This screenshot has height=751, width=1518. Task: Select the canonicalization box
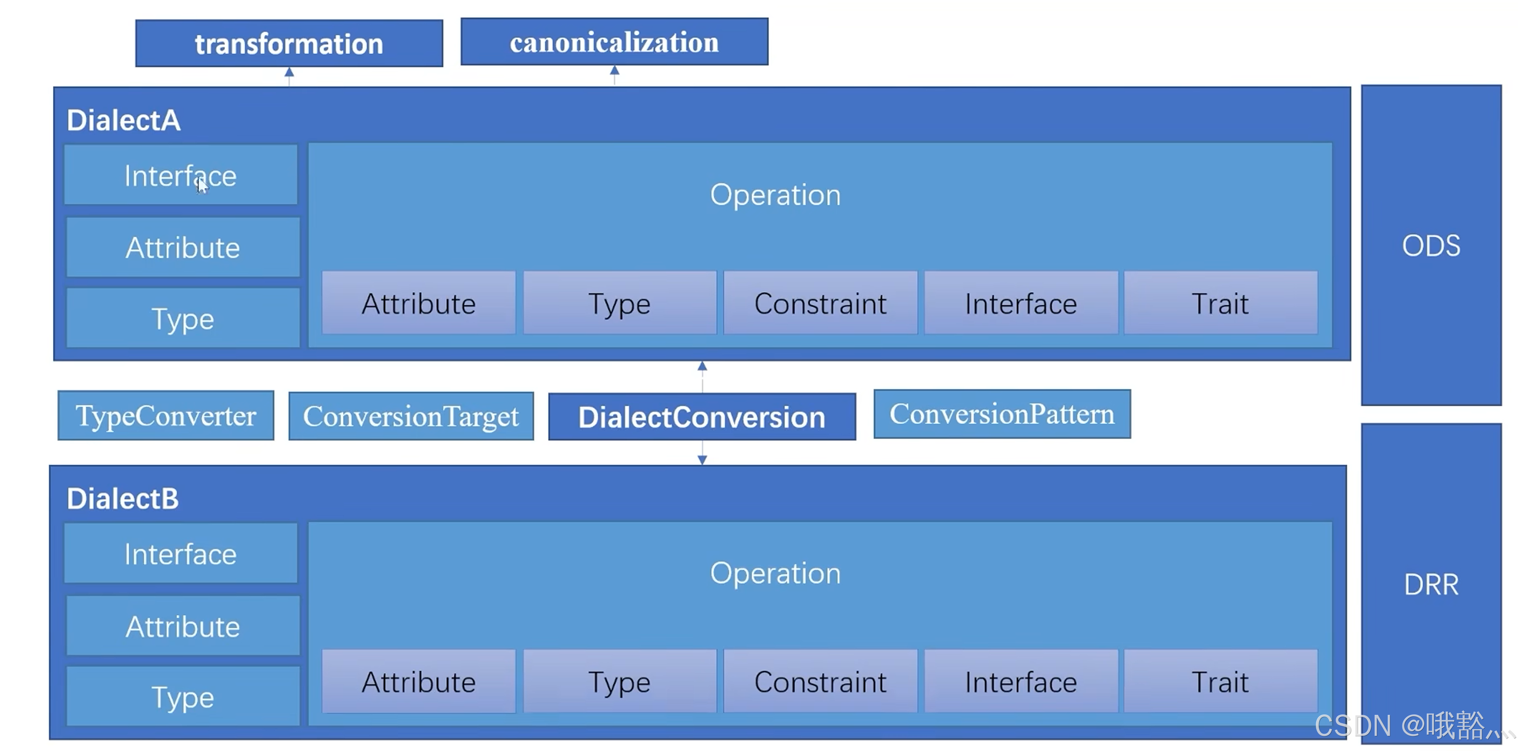click(x=614, y=42)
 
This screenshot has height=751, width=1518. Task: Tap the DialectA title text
click(x=123, y=120)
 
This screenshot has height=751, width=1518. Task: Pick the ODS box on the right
click(x=1431, y=245)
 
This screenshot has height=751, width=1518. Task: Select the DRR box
click(x=1431, y=584)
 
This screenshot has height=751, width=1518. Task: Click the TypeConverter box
click(x=166, y=416)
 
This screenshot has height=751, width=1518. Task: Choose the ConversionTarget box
click(x=411, y=416)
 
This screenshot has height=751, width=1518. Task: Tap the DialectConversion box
click(x=702, y=417)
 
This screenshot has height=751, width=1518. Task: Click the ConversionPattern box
click(x=1002, y=414)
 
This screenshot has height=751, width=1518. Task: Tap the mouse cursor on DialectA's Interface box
click(x=202, y=185)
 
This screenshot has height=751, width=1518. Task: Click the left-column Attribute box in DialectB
click(x=183, y=626)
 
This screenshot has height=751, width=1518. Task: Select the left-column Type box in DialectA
click(x=183, y=318)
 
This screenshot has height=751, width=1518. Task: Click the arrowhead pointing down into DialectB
click(x=702, y=460)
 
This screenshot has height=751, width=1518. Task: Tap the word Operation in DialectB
click(x=775, y=573)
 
